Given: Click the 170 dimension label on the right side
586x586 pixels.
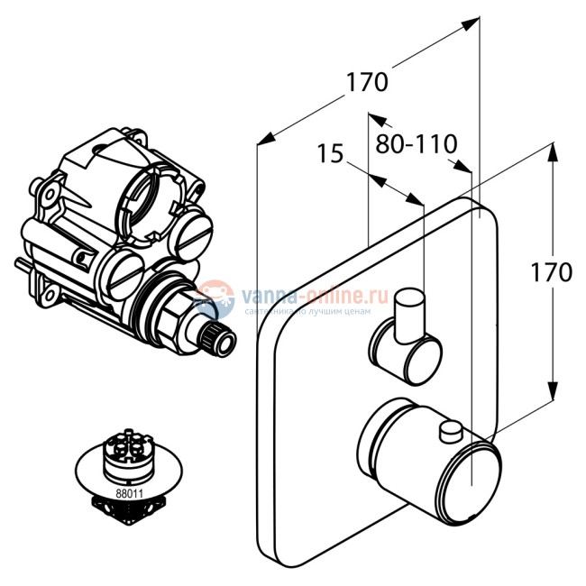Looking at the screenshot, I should click(x=551, y=272).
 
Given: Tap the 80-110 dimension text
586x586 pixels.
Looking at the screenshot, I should click(x=417, y=142).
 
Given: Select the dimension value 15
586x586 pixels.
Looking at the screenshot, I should click(x=331, y=154).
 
